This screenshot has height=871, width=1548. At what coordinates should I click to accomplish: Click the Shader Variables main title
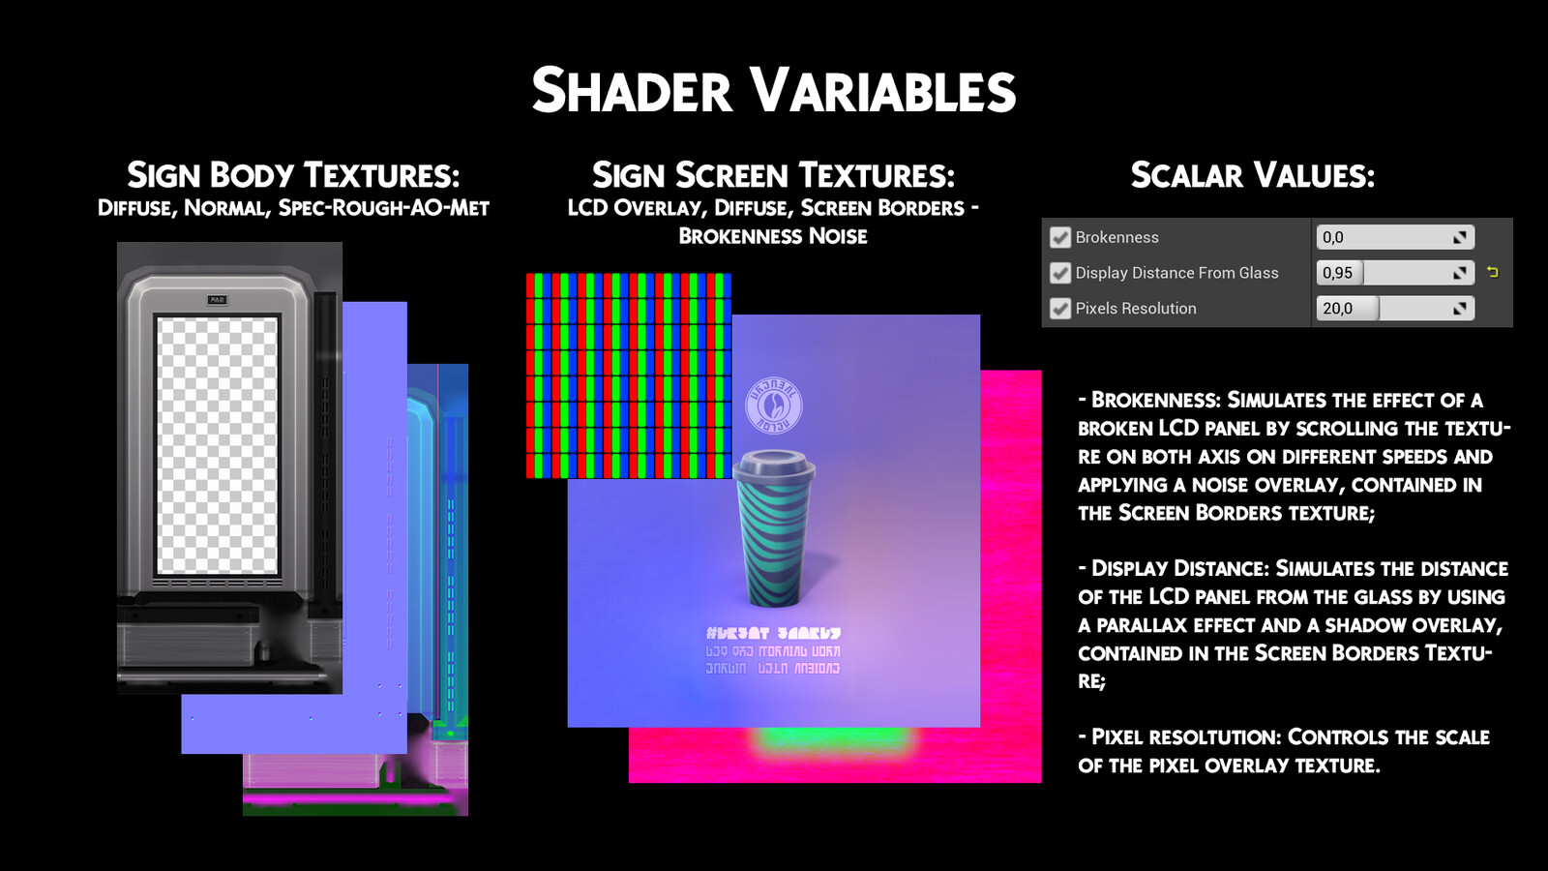(x=774, y=91)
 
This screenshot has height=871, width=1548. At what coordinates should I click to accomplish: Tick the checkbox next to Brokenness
(x=1060, y=237)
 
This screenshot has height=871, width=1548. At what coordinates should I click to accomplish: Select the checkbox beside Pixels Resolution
(x=1060, y=309)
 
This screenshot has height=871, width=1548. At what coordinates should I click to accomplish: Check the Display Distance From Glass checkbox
(x=1060, y=273)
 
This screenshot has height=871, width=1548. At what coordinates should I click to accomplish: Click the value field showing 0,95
(x=1393, y=273)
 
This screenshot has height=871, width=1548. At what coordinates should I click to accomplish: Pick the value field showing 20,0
(x=1393, y=309)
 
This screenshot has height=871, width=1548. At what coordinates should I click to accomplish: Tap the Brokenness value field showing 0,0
(x=1393, y=237)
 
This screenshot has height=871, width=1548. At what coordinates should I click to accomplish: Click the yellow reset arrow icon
(x=1493, y=273)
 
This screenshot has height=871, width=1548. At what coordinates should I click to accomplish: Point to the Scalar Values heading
(x=1253, y=175)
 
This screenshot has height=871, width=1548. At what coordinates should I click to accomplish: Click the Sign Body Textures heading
(x=293, y=175)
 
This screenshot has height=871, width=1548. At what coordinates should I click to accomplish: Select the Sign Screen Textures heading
(x=773, y=175)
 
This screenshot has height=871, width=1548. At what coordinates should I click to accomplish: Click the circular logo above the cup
(x=773, y=405)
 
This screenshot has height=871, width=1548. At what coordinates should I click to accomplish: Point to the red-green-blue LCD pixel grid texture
(x=629, y=375)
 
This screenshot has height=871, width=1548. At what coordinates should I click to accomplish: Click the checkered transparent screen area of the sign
(x=217, y=445)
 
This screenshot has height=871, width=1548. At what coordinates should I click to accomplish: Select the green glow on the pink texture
(x=833, y=744)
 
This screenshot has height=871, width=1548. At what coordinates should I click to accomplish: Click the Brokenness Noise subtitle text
(x=773, y=236)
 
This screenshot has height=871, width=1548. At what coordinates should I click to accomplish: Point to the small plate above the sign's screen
(x=217, y=300)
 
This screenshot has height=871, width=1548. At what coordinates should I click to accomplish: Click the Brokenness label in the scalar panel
(x=1116, y=237)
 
